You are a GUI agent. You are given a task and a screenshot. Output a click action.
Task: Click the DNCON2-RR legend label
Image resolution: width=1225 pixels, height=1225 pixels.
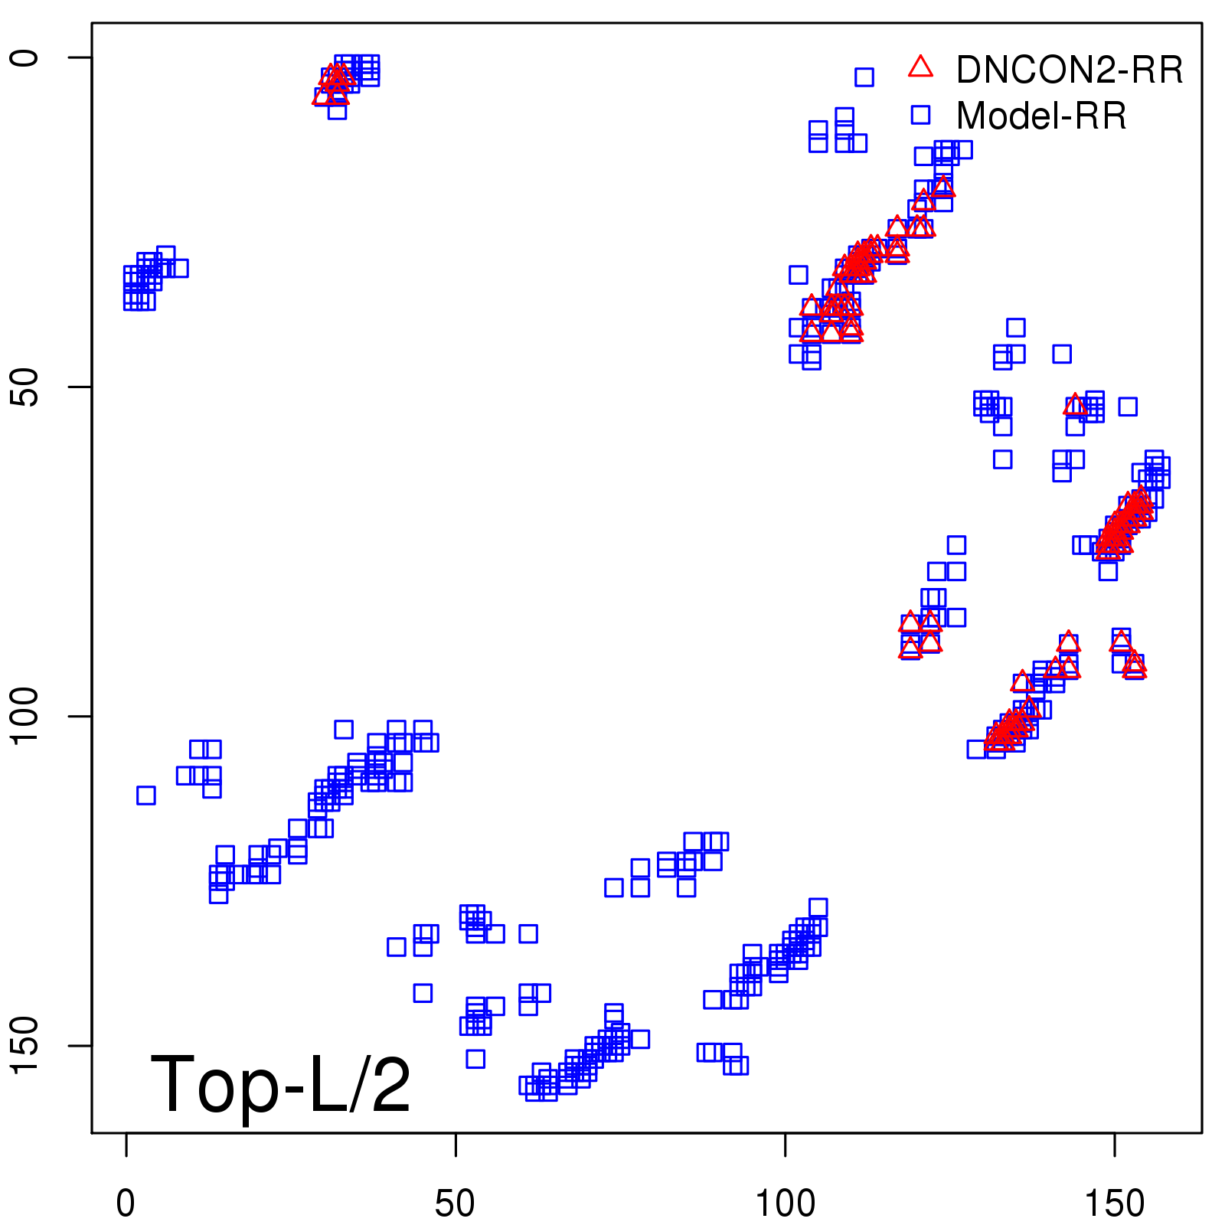[1069, 70]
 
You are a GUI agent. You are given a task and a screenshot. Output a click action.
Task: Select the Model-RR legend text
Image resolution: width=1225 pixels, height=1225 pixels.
[1041, 116]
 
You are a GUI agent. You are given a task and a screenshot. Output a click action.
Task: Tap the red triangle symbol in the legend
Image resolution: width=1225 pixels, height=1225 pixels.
[920, 67]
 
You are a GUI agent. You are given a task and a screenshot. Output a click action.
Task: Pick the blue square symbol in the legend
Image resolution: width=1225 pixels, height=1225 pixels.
[920, 115]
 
